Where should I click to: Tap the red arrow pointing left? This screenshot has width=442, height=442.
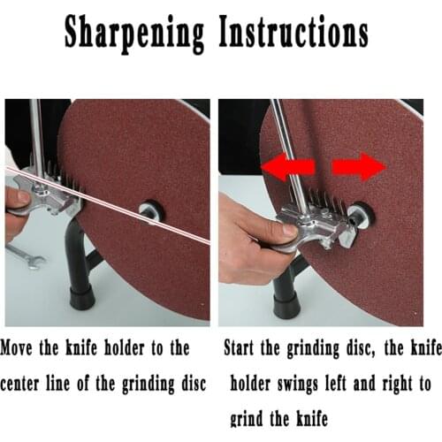pos(288,168)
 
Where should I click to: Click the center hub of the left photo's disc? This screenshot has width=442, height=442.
pos(149,212)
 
